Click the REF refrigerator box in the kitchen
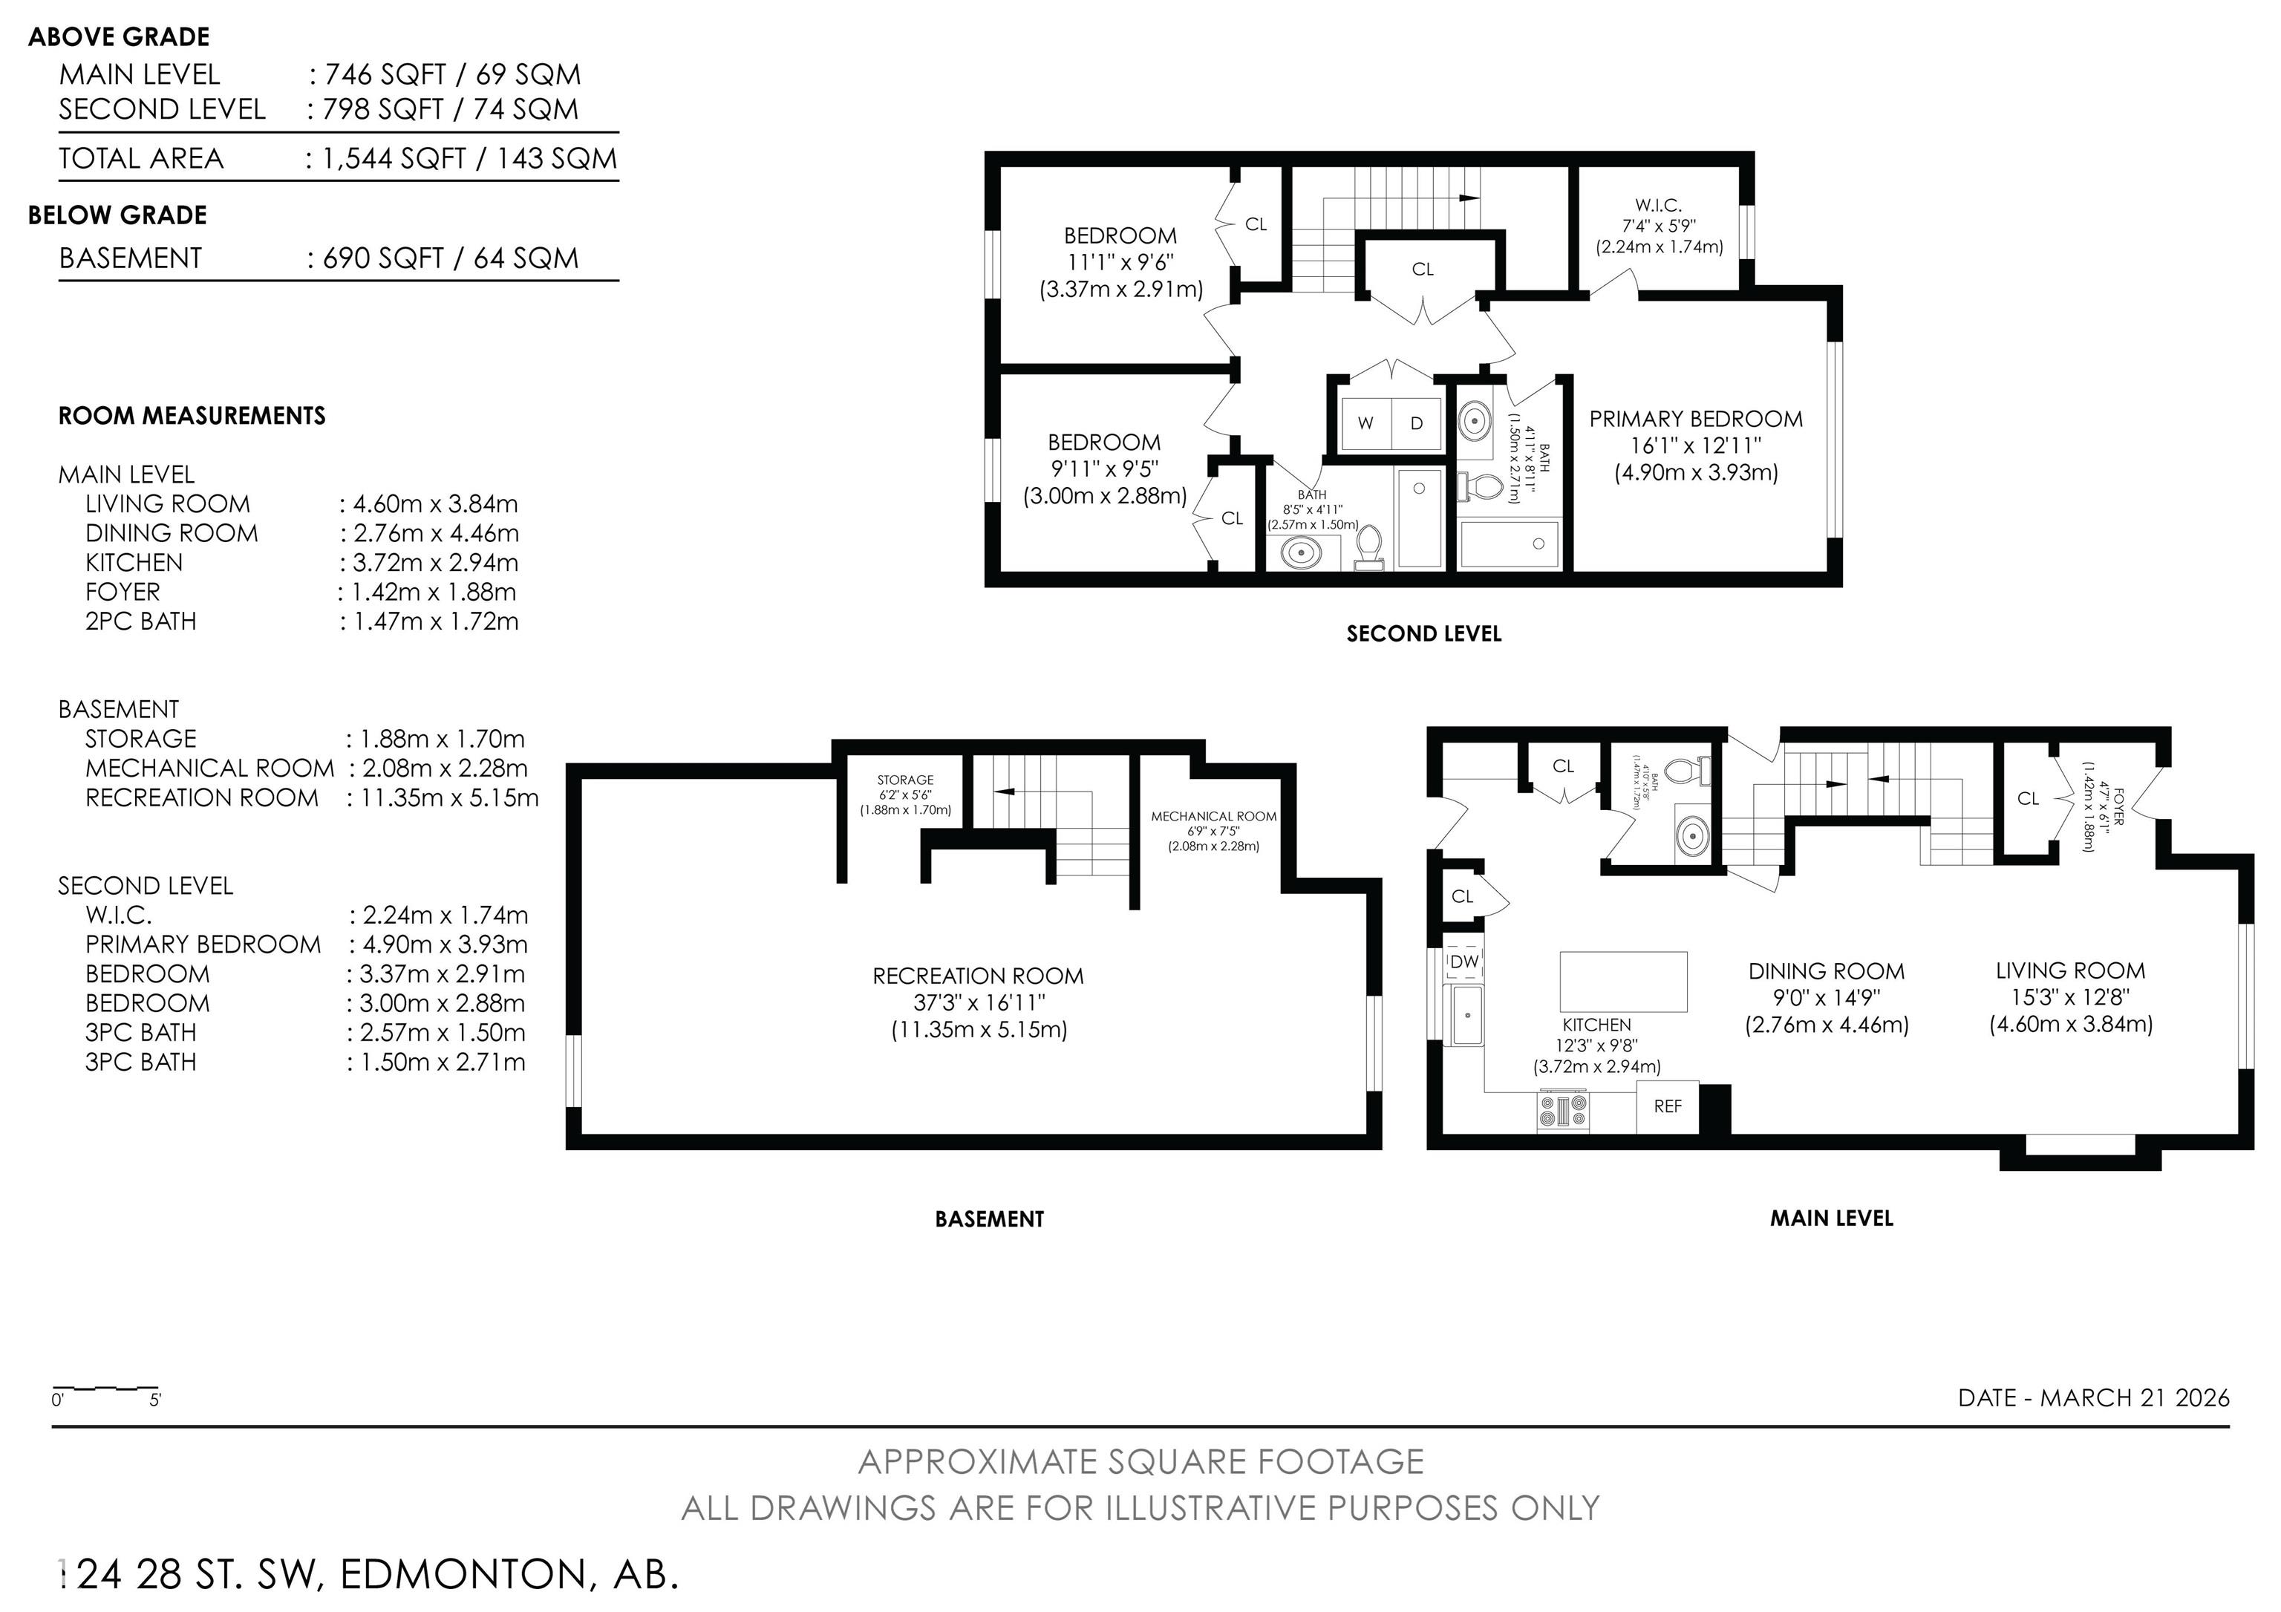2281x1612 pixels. (x=1667, y=1106)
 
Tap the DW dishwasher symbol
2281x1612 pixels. (x=1464, y=962)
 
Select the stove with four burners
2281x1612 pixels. (x=1563, y=1109)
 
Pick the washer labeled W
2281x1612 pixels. (x=1366, y=423)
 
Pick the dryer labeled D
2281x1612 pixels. (x=1417, y=423)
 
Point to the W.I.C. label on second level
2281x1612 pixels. (x=1658, y=206)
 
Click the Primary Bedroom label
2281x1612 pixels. (x=1696, y=419)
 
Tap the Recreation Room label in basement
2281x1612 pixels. (x=978, y=976)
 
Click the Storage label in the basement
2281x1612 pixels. (x=905, y=780)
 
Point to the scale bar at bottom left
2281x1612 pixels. (x=105, y=1389)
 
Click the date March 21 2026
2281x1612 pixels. (x=2093, y=1397)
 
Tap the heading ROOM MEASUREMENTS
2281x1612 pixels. (x=192, y=416)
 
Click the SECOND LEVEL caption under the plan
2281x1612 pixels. (x=1423, y=633)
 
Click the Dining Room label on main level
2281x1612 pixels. (x=1826, y=971)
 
